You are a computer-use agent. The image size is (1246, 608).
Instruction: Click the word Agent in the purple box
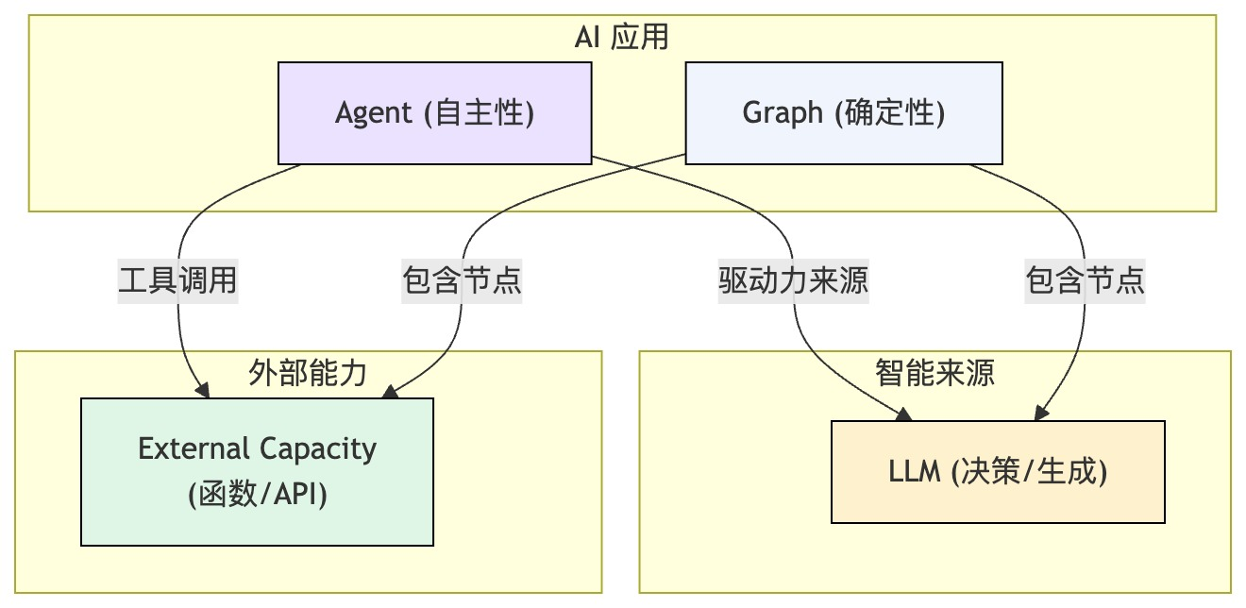(374, 113)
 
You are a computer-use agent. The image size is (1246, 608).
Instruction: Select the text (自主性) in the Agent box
(480, 113)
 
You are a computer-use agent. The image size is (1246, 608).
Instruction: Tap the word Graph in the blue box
(783, 113)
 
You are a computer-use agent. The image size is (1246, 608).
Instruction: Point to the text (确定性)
(889, 113)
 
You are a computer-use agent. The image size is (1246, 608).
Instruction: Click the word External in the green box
(193, 448)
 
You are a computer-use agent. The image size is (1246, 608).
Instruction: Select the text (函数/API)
(257, 494)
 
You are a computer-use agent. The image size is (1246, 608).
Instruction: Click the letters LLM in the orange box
(915, 471)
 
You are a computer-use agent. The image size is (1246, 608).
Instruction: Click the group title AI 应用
(622, 37)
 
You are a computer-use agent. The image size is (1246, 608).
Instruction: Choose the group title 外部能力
(308, 373)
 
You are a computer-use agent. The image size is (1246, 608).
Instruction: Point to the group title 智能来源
(934, 373)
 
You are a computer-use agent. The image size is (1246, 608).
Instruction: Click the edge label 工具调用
(177, 280)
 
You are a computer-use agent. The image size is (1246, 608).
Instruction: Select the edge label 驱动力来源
(794, 280)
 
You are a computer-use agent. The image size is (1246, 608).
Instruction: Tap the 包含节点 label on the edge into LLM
(1086, 280)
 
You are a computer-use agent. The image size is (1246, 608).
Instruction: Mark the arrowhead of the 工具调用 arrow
(202, 388)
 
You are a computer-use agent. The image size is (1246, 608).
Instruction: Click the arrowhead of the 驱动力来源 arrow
(904, 413)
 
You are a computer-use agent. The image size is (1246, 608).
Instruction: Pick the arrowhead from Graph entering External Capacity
(390, 392)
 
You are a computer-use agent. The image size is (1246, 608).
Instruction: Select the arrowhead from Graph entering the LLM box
(1042, 414)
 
